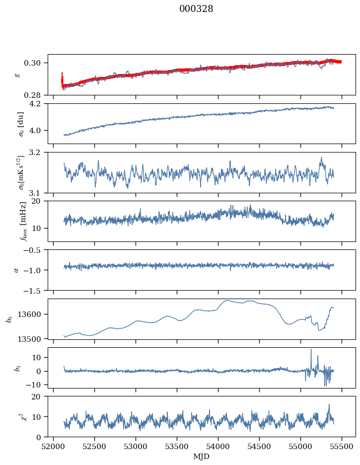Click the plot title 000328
click(196, 9)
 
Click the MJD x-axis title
click(201, 457)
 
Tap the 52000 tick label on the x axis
click(54, 447)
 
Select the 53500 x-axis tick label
click(177, 447)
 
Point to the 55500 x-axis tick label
click(342, 447)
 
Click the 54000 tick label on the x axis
click(218, 447)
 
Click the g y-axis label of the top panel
click(18, 75)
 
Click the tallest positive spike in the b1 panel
click(311, 349)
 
